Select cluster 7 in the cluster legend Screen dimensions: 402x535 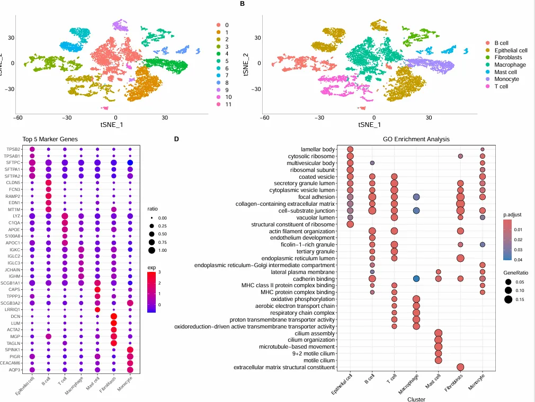(227, 76)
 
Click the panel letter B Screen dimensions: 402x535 (242, 4)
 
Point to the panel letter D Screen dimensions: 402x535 (176, 139)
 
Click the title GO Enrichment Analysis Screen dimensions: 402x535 (416, 139)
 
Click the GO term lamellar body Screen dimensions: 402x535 (318, 149)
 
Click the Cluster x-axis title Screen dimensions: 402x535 (416, 399)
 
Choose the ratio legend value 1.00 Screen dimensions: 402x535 (162, 250)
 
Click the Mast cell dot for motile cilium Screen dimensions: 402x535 (438, 360)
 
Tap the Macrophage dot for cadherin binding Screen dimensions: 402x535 (416, 279)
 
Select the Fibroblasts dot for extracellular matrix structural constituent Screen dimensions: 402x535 (460, 367)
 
